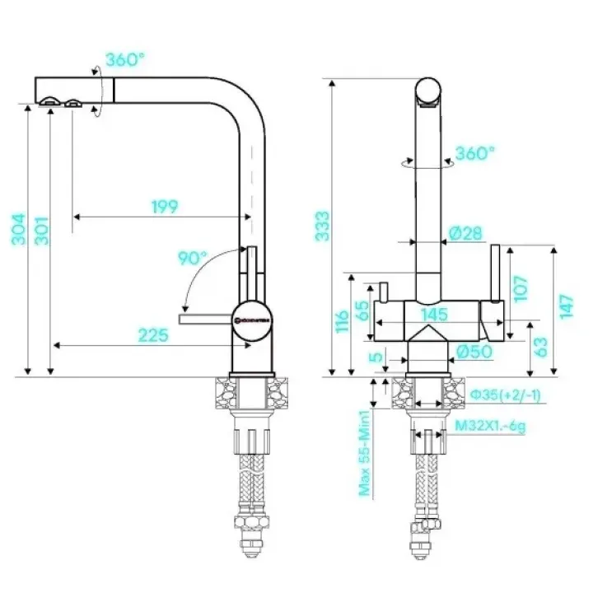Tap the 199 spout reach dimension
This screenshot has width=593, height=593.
point(164,207)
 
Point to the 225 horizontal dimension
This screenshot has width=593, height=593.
point(153,334)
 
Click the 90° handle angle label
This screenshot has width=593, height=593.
point(192,258)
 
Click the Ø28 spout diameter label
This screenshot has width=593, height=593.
point(465,234)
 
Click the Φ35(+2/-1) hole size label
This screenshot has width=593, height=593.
point(506,396)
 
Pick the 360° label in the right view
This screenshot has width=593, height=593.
point(475,153)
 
